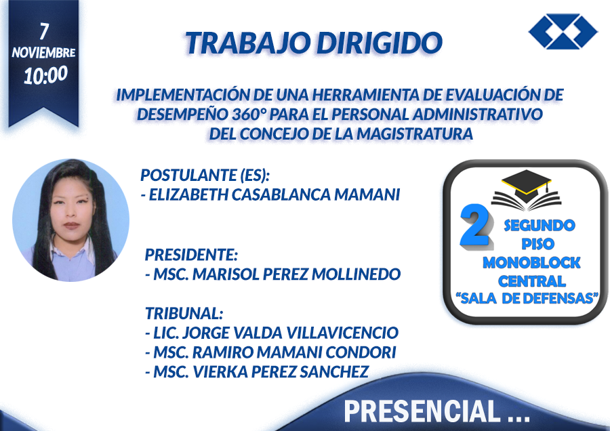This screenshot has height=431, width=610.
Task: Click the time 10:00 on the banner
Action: tap(45, 75)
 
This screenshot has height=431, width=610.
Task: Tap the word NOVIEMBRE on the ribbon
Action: tap(43, 52)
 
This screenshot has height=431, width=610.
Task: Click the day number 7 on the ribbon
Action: tap(44, 31)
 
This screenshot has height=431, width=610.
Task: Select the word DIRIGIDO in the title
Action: tap(380, 43)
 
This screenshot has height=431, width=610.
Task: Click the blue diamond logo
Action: tap(563, 31)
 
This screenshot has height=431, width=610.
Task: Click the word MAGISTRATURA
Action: tap(415, 134)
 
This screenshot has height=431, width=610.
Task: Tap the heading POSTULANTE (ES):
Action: tap(205, 175)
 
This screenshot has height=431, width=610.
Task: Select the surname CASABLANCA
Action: tap(281, 194)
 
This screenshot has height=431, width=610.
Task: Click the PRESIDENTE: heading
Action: tap(191, 255)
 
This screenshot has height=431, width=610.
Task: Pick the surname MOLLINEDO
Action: tap(356, 274)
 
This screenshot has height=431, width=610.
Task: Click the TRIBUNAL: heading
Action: tap(184, 313)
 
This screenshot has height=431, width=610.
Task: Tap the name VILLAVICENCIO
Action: tap(342, 333)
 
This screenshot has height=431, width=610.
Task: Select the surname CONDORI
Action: tap(361, 352)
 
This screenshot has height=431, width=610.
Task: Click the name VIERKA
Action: tap(220, 371)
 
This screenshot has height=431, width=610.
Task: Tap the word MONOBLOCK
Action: tap(531, 262)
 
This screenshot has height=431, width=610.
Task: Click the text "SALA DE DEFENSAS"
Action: tap(527, 298)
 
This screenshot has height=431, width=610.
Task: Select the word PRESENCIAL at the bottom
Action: tap(422, 411)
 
